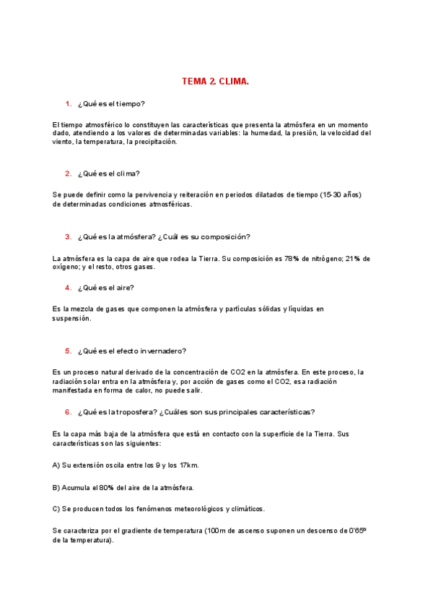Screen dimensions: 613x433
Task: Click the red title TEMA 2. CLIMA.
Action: (x=216, y=82)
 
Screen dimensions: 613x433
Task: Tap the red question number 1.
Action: (x=68, y=104)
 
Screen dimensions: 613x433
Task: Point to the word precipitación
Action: (x=152, y=142)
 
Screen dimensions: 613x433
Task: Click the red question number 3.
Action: (x=68, y=236)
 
